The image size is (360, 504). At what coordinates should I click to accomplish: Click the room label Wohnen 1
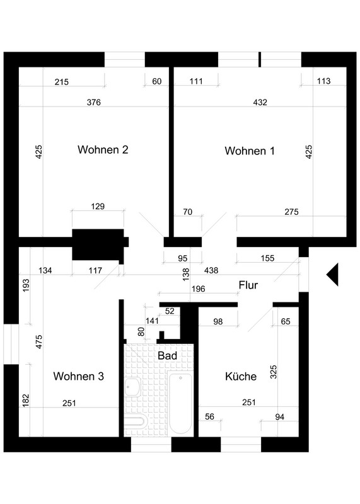250,151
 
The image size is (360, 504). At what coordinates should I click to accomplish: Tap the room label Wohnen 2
103,149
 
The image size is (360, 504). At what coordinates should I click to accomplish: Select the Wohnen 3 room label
79,376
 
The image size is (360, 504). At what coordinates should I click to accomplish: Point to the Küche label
241,376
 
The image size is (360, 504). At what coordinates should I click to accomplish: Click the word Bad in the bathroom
167,355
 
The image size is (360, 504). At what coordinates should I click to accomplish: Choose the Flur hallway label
248,285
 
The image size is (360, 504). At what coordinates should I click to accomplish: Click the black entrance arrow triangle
333,275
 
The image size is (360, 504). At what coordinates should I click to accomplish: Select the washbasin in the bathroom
132,387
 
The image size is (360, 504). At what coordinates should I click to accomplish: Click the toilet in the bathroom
135,421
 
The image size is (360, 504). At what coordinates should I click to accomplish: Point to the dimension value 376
93,102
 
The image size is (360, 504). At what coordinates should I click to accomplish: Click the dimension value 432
260,102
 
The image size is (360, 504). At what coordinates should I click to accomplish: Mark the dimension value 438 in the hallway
211,270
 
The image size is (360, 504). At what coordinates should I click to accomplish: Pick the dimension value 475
38,341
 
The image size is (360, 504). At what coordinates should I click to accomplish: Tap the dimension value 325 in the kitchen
273,372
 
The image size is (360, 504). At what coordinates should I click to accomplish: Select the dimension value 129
98,206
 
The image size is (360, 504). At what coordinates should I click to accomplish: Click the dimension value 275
291,212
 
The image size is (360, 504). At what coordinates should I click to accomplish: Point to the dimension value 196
198,289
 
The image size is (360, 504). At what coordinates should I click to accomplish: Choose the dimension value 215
61,82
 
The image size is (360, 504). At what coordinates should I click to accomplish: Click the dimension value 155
268,258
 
